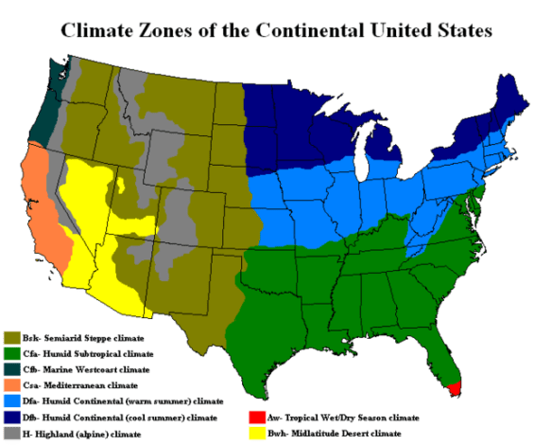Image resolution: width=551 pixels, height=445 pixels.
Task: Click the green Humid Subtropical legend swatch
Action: point(12,354)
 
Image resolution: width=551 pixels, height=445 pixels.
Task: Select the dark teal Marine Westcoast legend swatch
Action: point(12,370)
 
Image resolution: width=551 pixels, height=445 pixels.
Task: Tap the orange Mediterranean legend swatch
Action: point(12,386)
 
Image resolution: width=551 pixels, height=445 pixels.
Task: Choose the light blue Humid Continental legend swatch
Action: point(12,402)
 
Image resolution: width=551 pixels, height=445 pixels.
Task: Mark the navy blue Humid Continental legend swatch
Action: point(12,418)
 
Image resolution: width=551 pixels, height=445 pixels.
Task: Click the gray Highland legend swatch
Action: point(12,435)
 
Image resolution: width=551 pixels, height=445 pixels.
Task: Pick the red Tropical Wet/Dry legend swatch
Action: point(254,416)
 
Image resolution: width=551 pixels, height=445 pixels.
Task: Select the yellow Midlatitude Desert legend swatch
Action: point(254,434)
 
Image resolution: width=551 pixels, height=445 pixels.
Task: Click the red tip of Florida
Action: point(455,388)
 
